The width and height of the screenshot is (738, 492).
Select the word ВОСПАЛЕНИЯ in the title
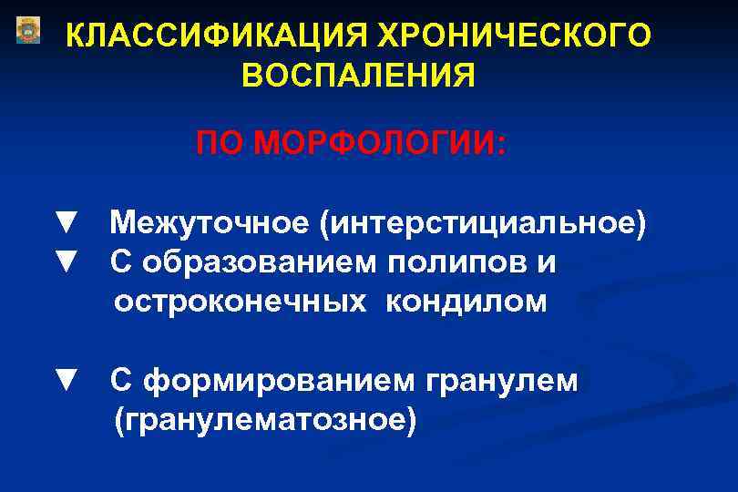pos(358,76)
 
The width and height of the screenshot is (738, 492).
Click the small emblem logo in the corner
pos(28,30)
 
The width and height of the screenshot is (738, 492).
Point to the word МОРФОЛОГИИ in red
pos(378,143)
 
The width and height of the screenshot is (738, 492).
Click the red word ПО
pos(219,143)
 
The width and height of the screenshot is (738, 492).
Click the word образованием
pos(258,263)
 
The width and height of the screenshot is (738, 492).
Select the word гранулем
pos(501,381)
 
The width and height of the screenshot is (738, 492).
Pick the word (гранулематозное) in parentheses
pos(264,420)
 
